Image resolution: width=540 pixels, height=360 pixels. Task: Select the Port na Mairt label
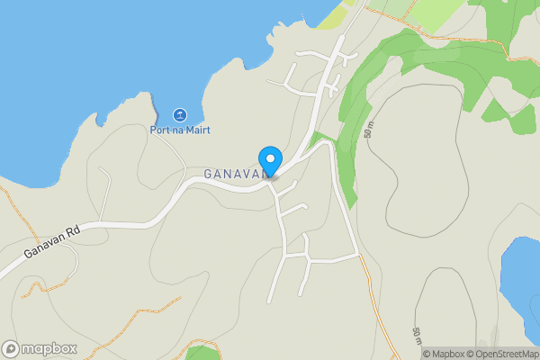(180, 130)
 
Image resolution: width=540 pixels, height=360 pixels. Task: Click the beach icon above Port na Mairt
(180, 115)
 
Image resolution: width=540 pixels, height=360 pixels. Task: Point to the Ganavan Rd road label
(53, 242)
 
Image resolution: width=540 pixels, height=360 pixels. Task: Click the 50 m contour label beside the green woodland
(368, 128)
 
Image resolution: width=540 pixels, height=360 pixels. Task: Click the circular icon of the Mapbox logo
(11, 349)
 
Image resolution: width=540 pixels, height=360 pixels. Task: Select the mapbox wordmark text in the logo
(49, 349)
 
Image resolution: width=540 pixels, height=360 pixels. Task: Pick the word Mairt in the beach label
(196, 130)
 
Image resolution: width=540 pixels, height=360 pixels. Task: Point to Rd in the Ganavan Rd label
(73, 231)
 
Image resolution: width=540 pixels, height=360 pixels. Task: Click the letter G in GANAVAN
(208, 174)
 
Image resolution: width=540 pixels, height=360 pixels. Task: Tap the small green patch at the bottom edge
(202, 352)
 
